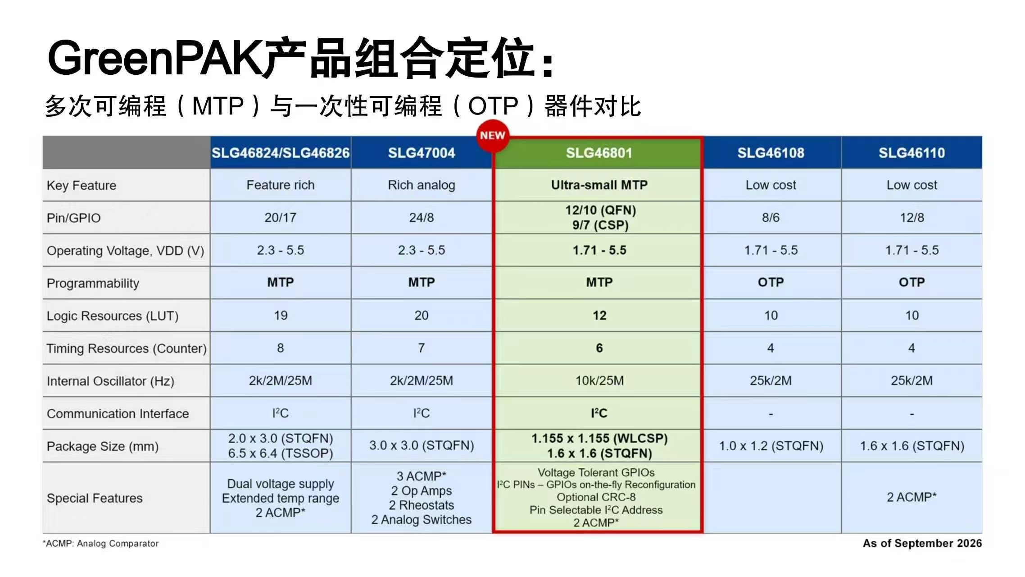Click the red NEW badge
pos(493,136)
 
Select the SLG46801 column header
pos(599,153)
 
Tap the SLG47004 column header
pos(422,153)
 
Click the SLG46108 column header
pos(771,153)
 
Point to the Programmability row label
pos(93,283)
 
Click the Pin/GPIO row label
pos(73,218)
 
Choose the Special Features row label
pos(95,498)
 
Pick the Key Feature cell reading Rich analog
pos(422,185)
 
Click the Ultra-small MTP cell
pos(599,185)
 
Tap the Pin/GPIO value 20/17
pos(280,218)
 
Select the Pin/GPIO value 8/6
pos(771,218)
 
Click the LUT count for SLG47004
pos(422,316)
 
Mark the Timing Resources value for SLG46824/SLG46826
pos(280,348)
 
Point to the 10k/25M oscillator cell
pos(599,381)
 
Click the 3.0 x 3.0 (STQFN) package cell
pos(422,445)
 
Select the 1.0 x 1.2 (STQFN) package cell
pos(771,446)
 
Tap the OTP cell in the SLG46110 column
pos(912,282)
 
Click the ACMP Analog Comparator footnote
pos(101,544)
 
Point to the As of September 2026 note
pos(922,543)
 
